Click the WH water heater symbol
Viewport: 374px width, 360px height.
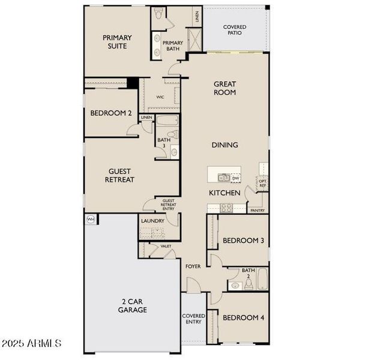click(x=91, y=219)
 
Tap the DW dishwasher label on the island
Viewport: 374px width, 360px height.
click(x=235, y=178)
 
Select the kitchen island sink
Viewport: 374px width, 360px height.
click(x=223, y=178)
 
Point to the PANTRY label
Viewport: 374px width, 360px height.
click(x=257, y=211)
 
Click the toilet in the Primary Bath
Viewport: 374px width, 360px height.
click(x=158, y=16)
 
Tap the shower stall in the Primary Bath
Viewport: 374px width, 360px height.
click(x=194, y=40)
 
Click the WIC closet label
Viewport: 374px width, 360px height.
click(x=160, y=97)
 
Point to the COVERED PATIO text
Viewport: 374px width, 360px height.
click(x=235, y=30)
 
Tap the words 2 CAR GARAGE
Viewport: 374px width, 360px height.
click(x=132, y=306)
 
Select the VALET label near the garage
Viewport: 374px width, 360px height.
click(x=166, y=247)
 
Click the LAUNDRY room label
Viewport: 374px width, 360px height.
click(x=152, y=221)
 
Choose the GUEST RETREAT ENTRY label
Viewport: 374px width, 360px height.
click(x=168, y=205)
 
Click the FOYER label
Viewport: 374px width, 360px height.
click(x=193, y=266)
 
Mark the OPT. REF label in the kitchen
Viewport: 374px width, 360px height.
click(x=262, y=183)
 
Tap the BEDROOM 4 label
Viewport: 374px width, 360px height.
click(x=243, y=317)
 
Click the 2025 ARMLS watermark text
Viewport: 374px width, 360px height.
click(x=31, y=344)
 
